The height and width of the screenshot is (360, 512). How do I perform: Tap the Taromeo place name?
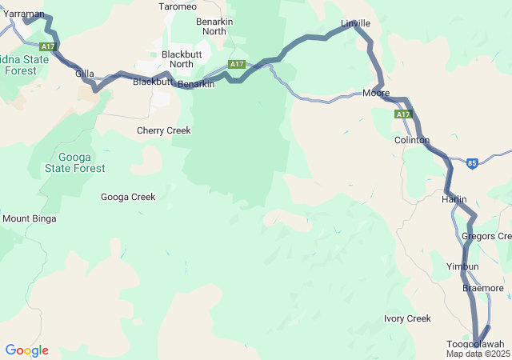[177, 6]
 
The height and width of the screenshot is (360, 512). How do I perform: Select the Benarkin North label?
[214, 26]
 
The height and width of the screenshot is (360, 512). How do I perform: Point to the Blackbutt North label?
[177, 59]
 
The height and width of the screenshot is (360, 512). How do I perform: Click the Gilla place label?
[85, 74]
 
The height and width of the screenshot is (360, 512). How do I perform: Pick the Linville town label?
[355, 24]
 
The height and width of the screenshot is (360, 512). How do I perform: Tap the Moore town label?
[375, 94]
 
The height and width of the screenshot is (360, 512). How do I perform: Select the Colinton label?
[412, 140]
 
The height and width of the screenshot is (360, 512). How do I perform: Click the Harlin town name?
[454, 199]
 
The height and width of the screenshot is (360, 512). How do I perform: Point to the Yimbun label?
[462, 266]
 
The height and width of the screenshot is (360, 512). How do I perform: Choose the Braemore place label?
[482, 287]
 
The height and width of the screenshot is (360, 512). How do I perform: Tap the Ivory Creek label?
[407, 318]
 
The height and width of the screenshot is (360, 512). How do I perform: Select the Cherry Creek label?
[163, 130]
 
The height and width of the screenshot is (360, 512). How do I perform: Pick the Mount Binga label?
[30, 218]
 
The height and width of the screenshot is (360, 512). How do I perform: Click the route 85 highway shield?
[472, 162]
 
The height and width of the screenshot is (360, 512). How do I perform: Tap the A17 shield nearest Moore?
[402, 115]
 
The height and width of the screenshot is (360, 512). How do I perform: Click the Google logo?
[26, 350]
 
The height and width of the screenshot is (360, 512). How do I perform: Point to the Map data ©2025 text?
[478, 354]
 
